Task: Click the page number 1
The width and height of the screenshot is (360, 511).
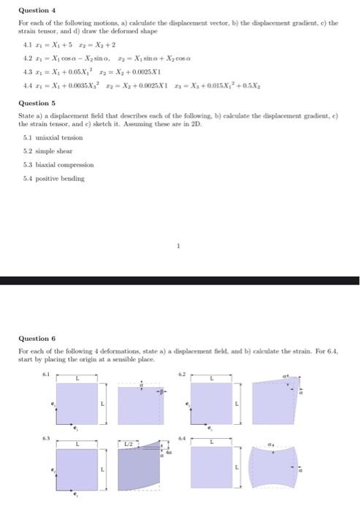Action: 179,246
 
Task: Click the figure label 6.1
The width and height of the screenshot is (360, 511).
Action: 49,374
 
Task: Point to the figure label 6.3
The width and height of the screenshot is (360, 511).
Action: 49,439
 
